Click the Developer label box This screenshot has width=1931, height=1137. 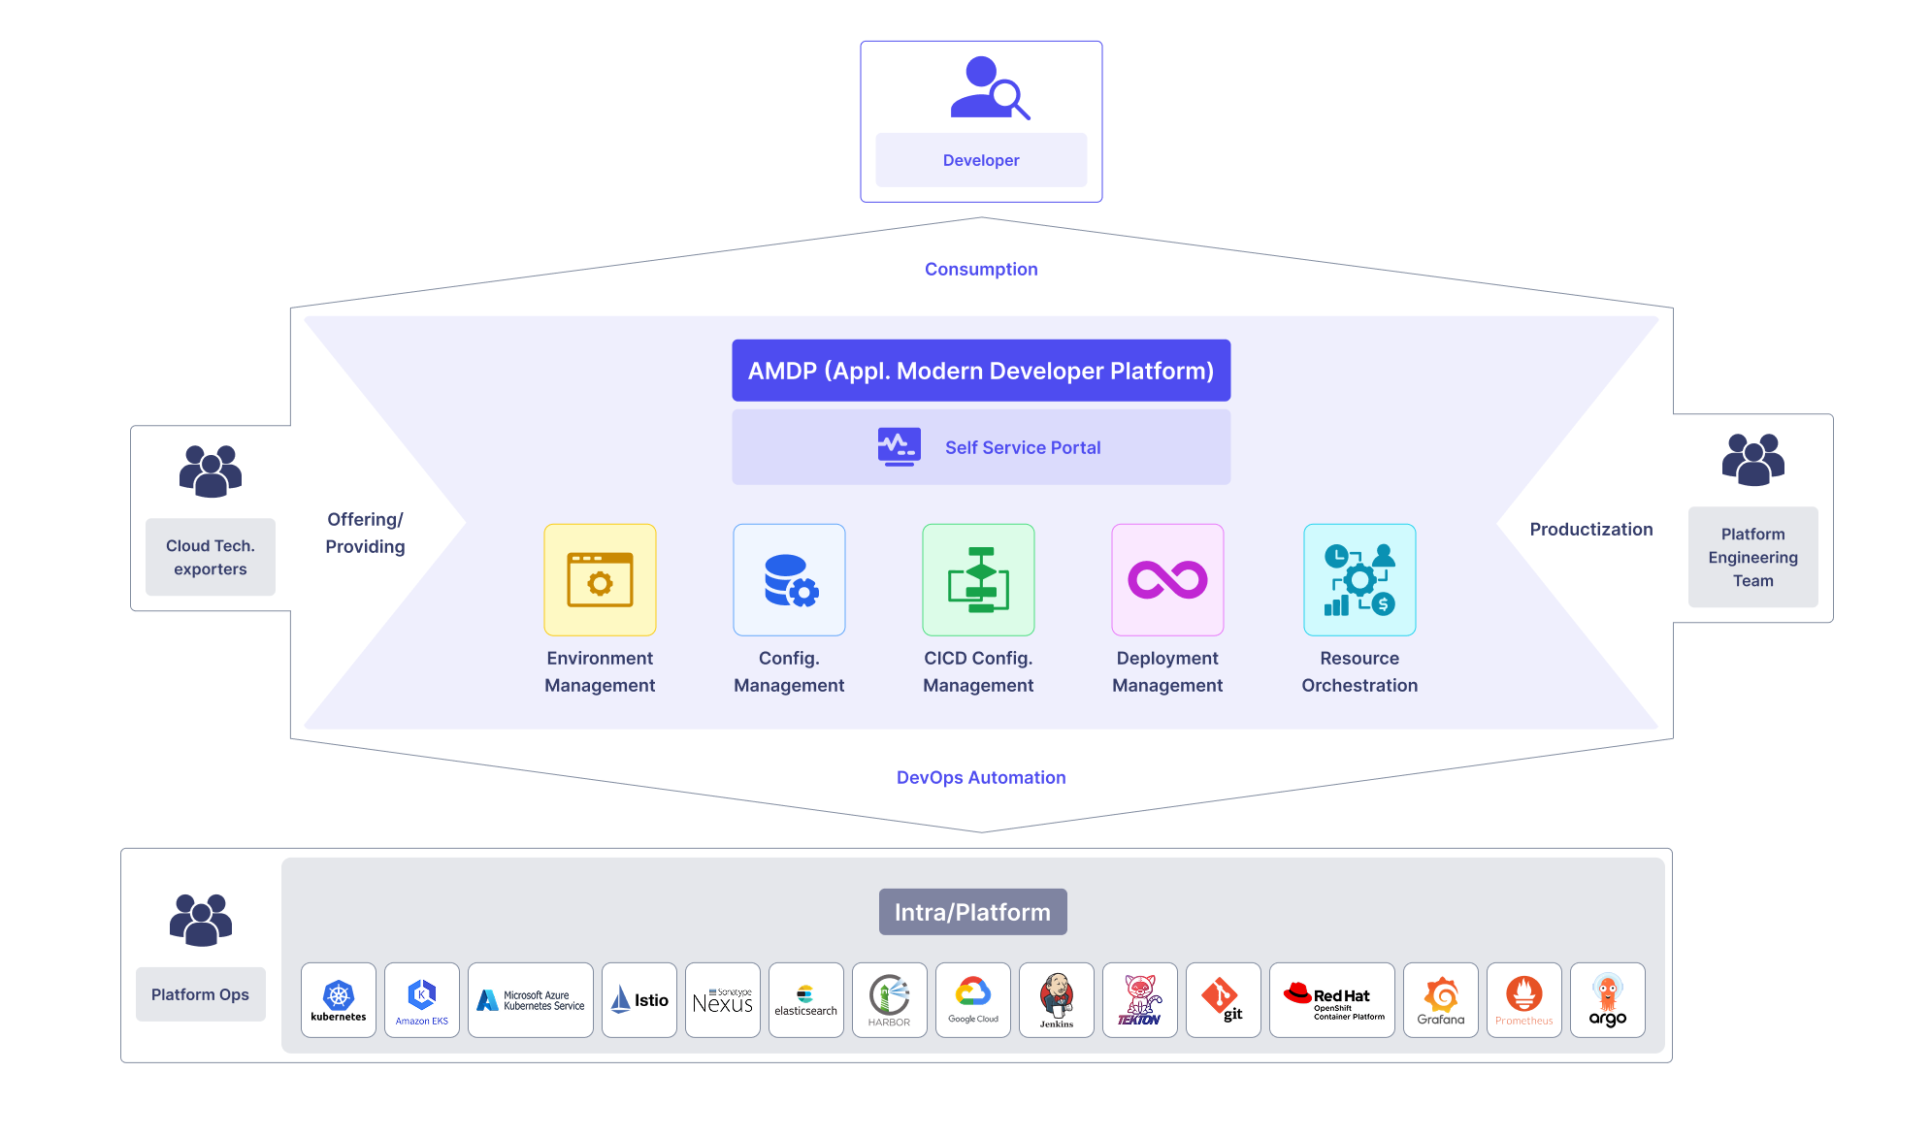tap(981, 160)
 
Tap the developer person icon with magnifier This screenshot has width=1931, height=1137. tap(989, 87)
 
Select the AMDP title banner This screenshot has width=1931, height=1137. tap(981, 371)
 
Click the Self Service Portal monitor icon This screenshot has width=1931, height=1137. tap(900, 447)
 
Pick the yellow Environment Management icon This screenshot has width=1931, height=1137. tap(600, 580)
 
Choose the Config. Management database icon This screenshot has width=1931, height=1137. tap(789, 580)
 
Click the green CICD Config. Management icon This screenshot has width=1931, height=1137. tap(978, 580)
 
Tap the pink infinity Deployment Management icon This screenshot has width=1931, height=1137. tap(1167, 580)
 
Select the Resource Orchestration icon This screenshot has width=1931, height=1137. tap(1359, 580)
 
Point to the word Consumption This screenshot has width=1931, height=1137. tap(981, 270)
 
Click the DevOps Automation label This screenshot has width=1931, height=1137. tap(981, 778)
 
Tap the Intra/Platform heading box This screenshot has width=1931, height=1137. tap(972, 912)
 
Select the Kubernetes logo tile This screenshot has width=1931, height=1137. tap(339, 1000)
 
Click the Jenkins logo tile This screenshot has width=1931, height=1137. tap(1057, 1000)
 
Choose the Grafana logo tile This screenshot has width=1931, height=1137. tap(1441, 1000)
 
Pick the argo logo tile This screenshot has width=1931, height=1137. tap(1608, 1000)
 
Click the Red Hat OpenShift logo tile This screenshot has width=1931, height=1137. tap(1332, 1000)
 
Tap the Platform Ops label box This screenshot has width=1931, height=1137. tap(200, 994)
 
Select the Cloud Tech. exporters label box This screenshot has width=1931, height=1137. tap(211, 557)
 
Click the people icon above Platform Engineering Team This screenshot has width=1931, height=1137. tap(1753, 460)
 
